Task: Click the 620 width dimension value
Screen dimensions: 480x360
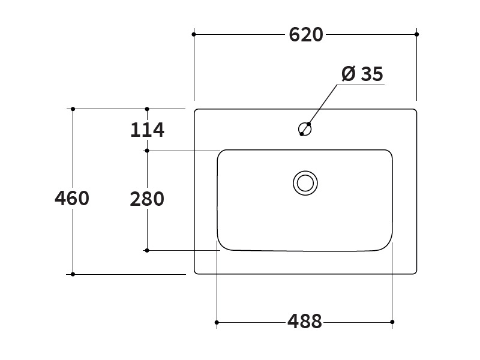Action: pyautogui.click(x=306, y=35)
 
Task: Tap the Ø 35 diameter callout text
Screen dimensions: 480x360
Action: pyautogui.click(x=362, y=74)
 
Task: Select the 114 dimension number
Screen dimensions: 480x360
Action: pyautogui.click(x=147, y=130)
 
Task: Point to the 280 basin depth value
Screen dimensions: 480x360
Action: pyautogui.click(x=147, y=199)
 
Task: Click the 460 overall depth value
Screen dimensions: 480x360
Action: pyautogui.click(x=72, y=198)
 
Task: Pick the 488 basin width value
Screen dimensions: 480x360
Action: pyautogui.click(x=305, y=322)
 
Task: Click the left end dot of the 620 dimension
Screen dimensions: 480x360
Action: pyautogui.click(x=194, y=34)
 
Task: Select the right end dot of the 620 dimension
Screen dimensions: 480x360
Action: pyautogui.click(x=416, y=34)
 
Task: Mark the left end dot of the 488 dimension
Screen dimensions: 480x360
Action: pyautogui.click(x=217, y=322)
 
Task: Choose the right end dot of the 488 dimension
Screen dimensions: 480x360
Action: pyautogui.click(x=392, y=322)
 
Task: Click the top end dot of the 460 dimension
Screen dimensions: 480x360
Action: pyautogui.click(x=73, y=109)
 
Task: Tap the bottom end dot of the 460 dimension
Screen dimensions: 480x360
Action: pyautogui.click(x=73, y=274)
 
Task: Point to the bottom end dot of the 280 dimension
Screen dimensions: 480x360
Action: pyautogui.click(x=147, y=250)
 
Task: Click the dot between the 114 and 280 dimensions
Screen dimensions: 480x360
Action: pyautogui.click(x=147, y=151)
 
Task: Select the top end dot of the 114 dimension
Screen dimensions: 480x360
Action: pyautogui.click(x=147, y=109)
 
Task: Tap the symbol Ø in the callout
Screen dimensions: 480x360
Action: pyautogui.click(x=349, y=74)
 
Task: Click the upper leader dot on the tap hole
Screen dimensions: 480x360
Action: pyautogui.click(x=309, y=124)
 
